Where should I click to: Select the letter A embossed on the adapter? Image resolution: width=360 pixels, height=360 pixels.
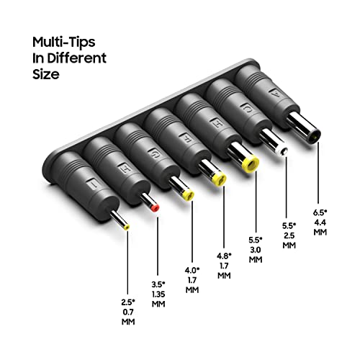(x=274, y=94)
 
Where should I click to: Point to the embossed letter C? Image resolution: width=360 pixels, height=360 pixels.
(x=247, y=109)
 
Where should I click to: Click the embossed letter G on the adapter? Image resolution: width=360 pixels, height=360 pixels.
(x=153, y=153)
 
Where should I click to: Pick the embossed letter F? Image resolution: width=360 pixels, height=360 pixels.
(x=187, y=138)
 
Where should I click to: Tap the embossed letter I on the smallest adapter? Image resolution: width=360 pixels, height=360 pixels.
(x=94, y=184)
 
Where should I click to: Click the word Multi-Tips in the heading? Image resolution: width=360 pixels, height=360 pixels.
(x=64, y=42)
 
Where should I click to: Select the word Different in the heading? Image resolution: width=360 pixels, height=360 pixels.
(x=76, y=58)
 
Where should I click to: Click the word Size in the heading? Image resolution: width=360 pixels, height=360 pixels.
(x=46, y=74)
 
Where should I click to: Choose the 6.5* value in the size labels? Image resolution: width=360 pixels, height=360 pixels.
(x=320, y=212)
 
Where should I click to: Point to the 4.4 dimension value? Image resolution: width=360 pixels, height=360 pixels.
(x=320, y=222)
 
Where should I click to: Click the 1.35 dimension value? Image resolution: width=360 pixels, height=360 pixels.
(x=158, y=294)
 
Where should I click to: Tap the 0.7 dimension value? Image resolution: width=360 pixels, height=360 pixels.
(x=128, y=312)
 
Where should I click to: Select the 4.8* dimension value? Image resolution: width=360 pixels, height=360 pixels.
(x=224, y=256)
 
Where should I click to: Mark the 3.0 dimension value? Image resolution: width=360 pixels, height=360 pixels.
(x=256, y=250)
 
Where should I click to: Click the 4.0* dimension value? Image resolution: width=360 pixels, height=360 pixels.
(x=192, y=270)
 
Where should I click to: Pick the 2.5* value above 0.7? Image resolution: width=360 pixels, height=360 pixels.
(x=128, y=302)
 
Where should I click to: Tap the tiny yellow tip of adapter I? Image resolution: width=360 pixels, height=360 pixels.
(x=127, y=227)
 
